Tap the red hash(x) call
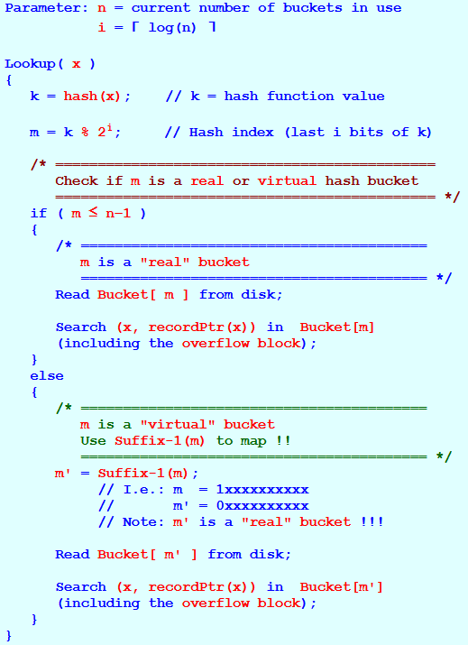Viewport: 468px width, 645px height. tap(92, 97)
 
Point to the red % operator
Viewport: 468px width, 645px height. tap(85, 132)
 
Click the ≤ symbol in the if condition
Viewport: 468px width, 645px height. tap(94, 212)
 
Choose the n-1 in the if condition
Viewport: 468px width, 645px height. tap(118, 214)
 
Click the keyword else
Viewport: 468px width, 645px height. tap(47, 376)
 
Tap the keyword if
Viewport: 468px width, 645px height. tap(39, 213)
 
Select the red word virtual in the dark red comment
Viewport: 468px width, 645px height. tap(287, 180)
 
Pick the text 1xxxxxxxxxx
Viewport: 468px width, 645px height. tap(262, 490)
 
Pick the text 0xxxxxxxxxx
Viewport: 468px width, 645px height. tap(262, 505)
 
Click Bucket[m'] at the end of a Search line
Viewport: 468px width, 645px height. tap(342, 587)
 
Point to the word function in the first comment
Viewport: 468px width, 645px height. tap(300, 97)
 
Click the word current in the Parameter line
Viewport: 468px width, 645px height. tap(161, 8)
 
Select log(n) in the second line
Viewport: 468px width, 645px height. tap(172, 28)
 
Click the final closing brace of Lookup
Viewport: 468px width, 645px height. tap(9, 636)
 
